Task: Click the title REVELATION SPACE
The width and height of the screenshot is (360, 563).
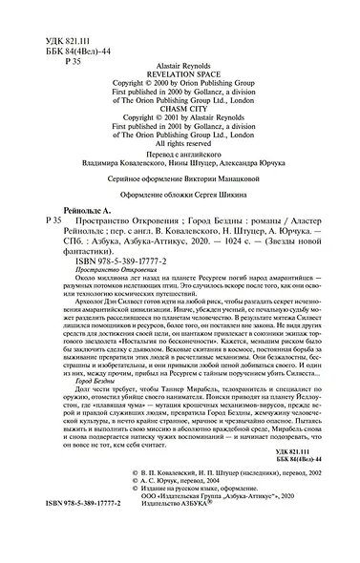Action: (180, 72)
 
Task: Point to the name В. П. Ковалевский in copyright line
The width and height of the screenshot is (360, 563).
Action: (162, 512)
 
